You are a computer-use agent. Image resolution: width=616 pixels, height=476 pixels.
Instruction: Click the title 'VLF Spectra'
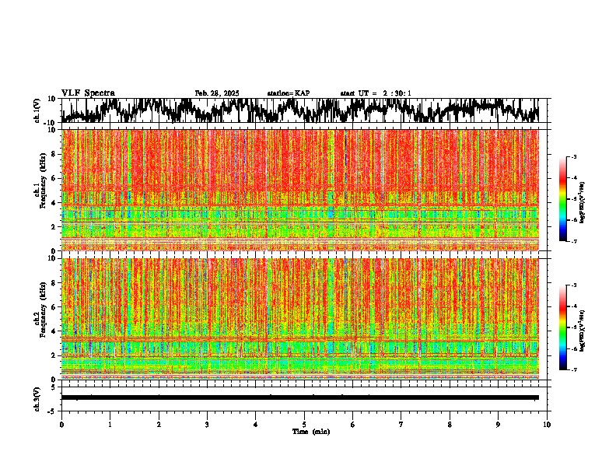click(x=88, y=93)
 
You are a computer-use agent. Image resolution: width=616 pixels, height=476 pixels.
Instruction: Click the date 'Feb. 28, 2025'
click(x=216, y=93)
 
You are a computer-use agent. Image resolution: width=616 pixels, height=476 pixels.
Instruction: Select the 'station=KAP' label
click(x=288, y=93)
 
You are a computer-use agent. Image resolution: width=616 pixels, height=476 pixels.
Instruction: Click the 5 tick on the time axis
click(x=304, y=424)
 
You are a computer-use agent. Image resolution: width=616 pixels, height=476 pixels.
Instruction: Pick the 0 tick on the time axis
click(x=61, y=424)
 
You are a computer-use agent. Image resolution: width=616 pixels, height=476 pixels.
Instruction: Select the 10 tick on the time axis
click(x=547, y=424)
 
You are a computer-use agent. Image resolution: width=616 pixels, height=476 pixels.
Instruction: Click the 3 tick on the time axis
click(x=207, y=424)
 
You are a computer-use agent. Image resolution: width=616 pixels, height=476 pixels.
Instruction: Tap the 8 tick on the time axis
click(x=450, y=424)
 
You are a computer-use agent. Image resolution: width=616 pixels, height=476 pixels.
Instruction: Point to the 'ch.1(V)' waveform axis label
click(x=37, y=110)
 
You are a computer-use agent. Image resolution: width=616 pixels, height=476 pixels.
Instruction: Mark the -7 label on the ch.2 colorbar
click(x=574, y=370)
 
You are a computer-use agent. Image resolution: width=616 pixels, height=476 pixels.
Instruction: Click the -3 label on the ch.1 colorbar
click(x=574, y=157)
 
